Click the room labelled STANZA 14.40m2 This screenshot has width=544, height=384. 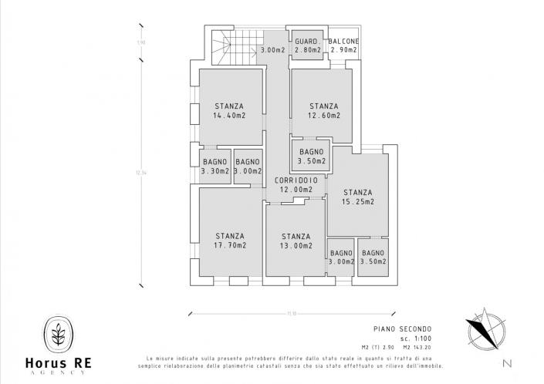coord(229,111)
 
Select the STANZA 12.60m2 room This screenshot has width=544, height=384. coord(323,111)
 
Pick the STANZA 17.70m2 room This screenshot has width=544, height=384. coord(230,241)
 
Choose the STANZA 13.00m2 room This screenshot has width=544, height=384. coord(296,241)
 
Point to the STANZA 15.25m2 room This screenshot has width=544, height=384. coord(357,197)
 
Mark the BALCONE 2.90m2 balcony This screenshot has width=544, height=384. coord(343,45)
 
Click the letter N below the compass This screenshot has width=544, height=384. coord(507,362)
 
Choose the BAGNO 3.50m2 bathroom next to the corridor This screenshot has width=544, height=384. coord(310,157)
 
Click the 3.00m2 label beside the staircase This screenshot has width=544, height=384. coord(273,50)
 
